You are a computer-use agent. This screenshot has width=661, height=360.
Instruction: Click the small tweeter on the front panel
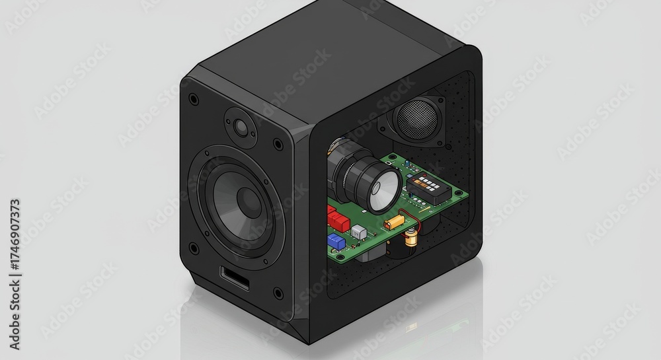(239, 126)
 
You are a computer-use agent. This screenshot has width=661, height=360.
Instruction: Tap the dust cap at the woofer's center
(249, 202)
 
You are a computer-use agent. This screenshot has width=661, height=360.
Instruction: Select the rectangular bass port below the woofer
(235, 277)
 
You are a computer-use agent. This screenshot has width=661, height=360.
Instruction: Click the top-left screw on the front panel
(193, 99)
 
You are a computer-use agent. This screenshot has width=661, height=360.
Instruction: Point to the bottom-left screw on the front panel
(193, 248)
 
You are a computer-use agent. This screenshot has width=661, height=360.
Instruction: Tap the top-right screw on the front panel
(278, 144)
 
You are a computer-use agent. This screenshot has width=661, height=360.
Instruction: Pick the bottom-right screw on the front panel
(278, 293)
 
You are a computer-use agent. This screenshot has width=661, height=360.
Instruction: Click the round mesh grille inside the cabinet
(416, 119)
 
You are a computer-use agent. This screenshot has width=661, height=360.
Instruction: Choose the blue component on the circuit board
(336, 241)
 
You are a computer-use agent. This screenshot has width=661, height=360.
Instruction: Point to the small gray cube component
(358, 232)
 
